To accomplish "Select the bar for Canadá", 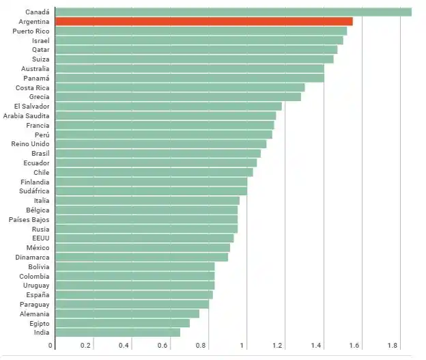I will click(x=233, y=12).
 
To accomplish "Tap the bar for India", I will click(x=117, y=333).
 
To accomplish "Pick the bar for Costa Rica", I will click(x=180, y=87).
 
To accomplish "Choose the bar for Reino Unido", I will click(x=160, y=144).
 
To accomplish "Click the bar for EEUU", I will click(x=144, y=238).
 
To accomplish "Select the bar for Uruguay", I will click(x=134, y=286).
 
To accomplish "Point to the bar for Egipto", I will click(x=122, y=323).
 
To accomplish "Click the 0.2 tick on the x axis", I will click(x=85, y=346).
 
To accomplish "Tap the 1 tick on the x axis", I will click(x=242, y=346).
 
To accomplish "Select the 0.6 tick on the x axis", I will click(x=162, y=346).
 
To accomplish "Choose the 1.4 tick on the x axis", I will click(x=317, y=346).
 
